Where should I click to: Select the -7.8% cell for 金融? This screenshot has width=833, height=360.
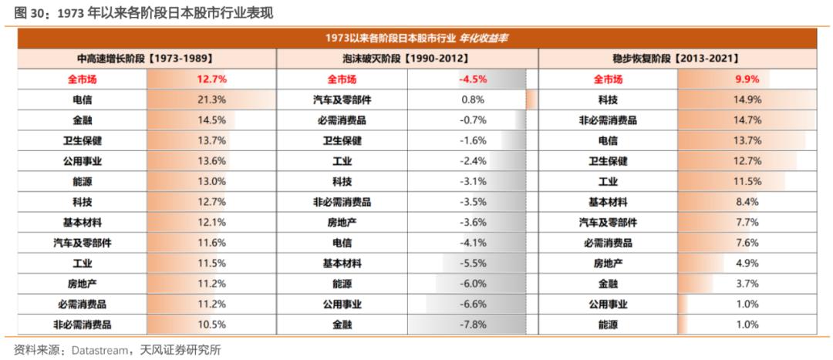coord(473,324)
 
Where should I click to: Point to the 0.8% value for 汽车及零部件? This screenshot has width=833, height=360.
coord(474,99)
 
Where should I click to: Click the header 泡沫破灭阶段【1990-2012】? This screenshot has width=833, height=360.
coord(407,59)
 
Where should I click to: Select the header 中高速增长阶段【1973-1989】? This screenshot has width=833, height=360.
coord(146,59)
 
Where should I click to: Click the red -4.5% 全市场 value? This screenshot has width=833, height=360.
coord(473,79)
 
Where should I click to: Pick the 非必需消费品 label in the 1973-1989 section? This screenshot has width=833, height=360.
coord(83,324)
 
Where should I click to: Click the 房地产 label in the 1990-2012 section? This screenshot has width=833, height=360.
coord(342,223)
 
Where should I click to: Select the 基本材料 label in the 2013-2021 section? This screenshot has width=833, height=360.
coord(608,202)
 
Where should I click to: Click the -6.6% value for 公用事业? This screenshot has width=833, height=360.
coord(473,304)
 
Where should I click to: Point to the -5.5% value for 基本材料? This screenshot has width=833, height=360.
coord(473,263)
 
